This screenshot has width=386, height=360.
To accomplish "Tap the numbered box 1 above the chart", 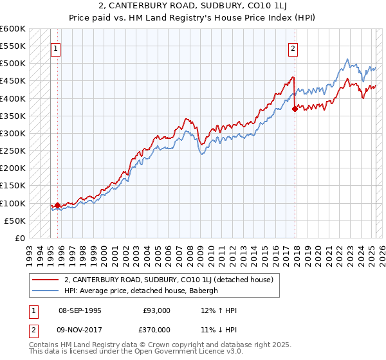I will tap(55, 48).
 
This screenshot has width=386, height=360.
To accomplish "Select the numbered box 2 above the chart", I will tap(293, 48).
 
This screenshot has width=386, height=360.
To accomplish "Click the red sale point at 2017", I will tap(295, 109).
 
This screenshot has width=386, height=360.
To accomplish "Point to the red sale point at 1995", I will tap(57, 205).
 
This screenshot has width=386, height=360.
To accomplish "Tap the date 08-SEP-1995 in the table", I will tap(80, 310).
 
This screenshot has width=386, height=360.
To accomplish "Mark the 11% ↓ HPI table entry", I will tap(219, 329).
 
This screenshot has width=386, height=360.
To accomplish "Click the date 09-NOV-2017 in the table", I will tap(80, 329).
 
